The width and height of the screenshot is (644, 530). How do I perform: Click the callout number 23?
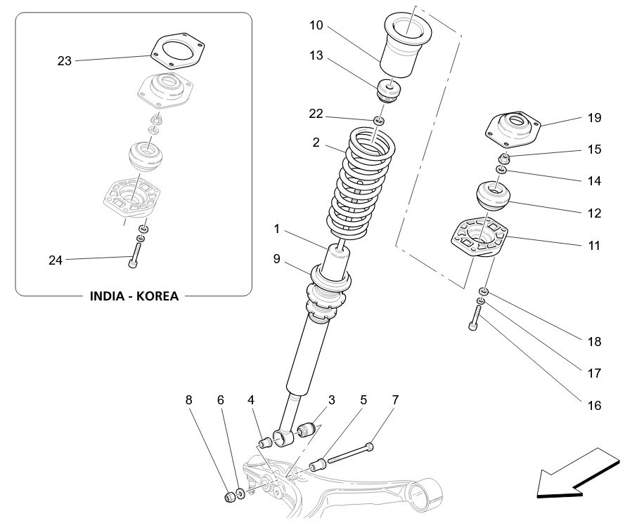point(65,61)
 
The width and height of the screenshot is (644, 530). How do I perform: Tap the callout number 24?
point(56,260)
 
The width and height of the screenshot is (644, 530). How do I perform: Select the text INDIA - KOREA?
point(134,296)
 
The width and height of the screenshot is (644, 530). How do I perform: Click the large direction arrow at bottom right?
point(577,475)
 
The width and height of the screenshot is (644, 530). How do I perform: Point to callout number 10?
point(316,26)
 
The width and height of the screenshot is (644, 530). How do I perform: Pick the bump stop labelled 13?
point(388,91)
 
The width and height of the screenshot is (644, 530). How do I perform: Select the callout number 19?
point(594,118)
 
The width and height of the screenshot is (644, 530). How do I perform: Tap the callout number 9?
point(277,259)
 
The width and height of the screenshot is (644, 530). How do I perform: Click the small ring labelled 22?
point(379,121)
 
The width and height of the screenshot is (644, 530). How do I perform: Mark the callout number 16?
point(594,405)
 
